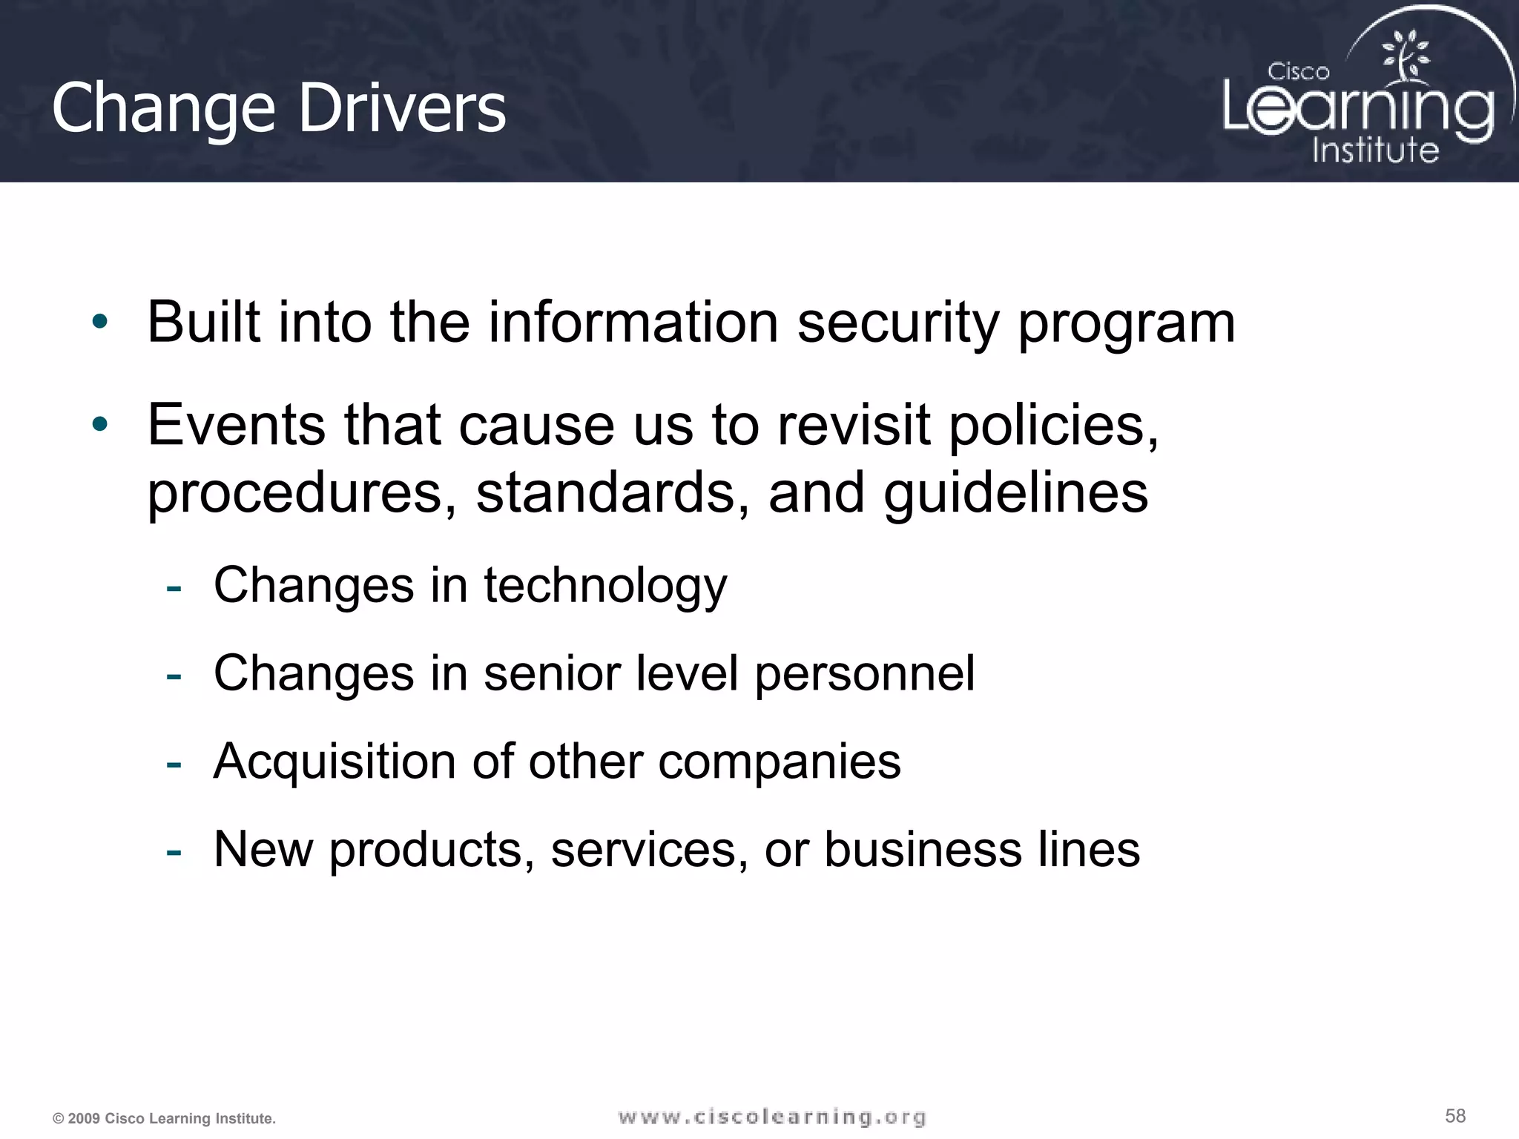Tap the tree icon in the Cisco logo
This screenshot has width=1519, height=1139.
(x=1404, y=55)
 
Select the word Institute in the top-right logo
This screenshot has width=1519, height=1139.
(x=1375, y=150)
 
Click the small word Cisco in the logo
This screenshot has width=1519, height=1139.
(x=1298, y=72)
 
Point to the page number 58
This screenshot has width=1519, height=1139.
(x=1455, y=1115)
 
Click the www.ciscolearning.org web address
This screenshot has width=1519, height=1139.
(x=772, y=1117)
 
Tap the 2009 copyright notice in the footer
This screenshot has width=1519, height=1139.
(x=164, y=1118)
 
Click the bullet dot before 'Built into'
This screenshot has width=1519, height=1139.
(x=100, y=322)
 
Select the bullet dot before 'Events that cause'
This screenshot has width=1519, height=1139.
(x=100, y=424)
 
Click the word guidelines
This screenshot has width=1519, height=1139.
(x=1015, y=492)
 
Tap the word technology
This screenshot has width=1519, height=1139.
(x=605, y=586)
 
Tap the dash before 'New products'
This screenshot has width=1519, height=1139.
(x=174, y=851)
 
